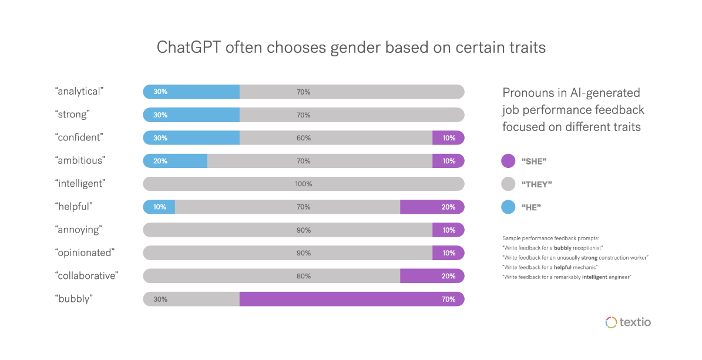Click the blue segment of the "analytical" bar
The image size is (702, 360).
click(191, 92)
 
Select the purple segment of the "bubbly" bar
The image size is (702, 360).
click(351, 299)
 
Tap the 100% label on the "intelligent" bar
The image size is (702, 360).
click(303, 184)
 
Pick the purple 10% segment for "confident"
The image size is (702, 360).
click(448, 138)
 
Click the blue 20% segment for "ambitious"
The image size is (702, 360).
click(175, 161)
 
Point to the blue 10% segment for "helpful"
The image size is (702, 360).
click(159, 207)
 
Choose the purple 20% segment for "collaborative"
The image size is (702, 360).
click(432, 276)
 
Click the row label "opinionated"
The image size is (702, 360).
click(84, 253)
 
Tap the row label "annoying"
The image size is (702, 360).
click(79, 230)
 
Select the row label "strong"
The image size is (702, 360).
click(72, 115)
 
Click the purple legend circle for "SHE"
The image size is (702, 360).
click(508, 161)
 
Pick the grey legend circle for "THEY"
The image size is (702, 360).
click(508, 184)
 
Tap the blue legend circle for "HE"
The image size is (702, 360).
click(508, 207)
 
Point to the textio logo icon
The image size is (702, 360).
click(610, 322)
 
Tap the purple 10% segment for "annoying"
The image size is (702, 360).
click(448, 230)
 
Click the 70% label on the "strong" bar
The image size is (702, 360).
click(303, 115)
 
